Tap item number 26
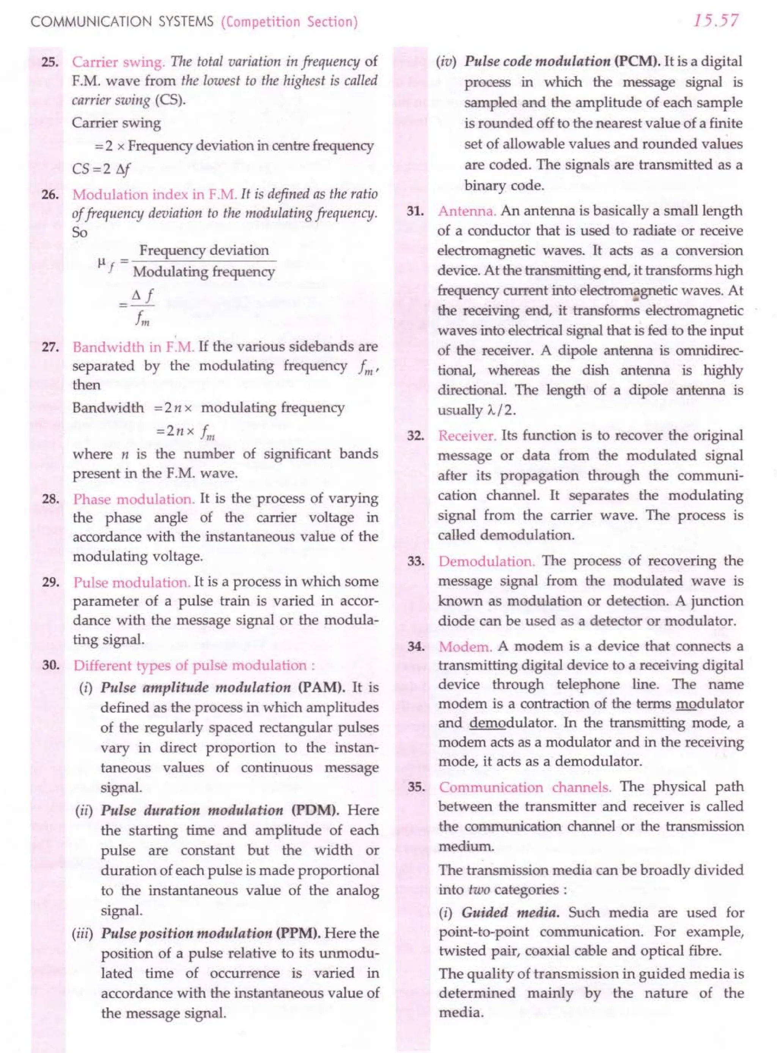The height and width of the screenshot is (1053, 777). (49, 195)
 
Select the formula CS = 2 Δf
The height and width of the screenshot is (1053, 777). (101, 168)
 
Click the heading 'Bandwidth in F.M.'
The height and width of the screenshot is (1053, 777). (134, 347)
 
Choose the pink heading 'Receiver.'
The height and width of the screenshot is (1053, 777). (467, 436)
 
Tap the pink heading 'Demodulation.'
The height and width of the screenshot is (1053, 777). (487, 561)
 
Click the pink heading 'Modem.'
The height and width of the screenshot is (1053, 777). (465, 647)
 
